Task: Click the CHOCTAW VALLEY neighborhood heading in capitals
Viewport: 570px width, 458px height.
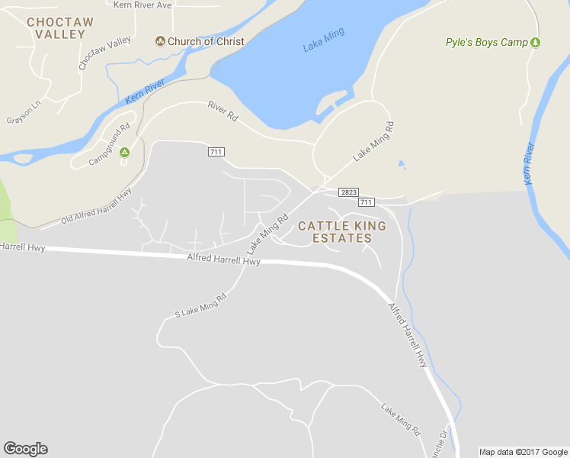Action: pos(60,28)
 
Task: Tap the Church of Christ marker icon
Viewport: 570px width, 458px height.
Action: pos(160,40)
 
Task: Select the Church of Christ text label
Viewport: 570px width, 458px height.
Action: pos(206,41)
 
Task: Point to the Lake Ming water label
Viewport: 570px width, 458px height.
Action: pos(324,40)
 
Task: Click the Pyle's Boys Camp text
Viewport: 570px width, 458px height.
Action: pos(487,42)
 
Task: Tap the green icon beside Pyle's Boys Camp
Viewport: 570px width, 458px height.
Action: pos(536,42)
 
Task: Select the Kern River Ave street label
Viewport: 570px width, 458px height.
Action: pos(142,5)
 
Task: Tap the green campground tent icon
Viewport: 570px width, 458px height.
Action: pos(124,152)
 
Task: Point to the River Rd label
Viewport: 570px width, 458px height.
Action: pos(223,112)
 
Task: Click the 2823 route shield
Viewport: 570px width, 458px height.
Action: pos(349,192)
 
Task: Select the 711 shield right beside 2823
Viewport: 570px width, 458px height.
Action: pos(367,202)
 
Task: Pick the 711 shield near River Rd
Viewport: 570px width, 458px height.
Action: pos(216,152)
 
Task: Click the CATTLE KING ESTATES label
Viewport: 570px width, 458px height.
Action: pos(341,232)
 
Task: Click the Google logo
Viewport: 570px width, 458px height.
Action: pos(25,449)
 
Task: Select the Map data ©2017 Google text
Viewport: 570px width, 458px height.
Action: pos(524,452)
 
